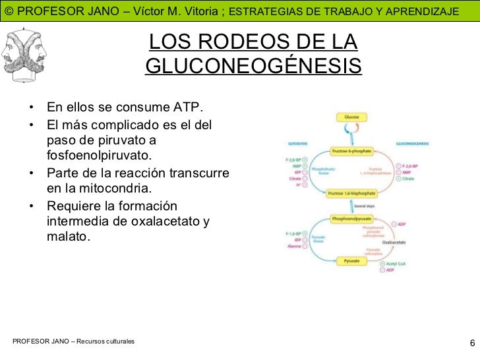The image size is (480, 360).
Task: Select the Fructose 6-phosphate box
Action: click(x=351, y=151)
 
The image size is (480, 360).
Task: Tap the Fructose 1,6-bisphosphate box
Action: click(x=351, y=193)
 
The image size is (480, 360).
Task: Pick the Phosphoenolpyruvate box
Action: click(x=351, y=218)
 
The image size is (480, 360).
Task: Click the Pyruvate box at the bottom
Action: click(x=351, y=261)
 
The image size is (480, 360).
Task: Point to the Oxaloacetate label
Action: click(x=393, y=242)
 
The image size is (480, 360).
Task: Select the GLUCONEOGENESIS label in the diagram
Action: click(x=412, y=142)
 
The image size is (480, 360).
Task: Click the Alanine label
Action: click(x=294, y=246)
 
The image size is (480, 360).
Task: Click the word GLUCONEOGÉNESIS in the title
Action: click(x=253, y=67)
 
